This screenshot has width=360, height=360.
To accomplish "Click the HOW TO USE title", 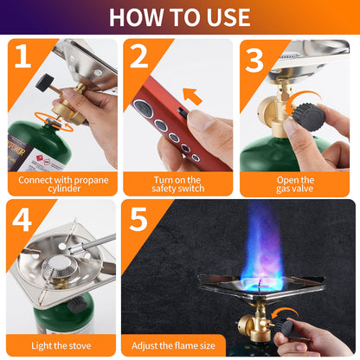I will [x=179, y=16].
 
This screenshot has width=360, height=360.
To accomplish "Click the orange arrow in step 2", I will [x=192, y=95].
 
